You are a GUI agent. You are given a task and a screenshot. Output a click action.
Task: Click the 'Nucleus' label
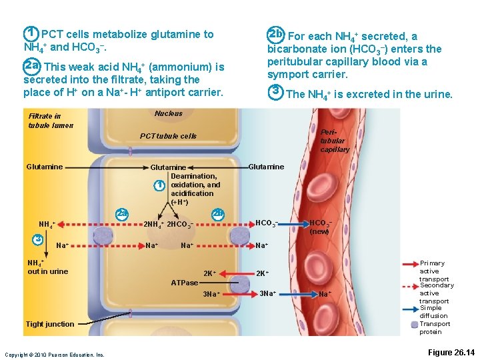click(168, 113)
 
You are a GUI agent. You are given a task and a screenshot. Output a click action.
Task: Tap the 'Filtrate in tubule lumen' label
click(45, 121)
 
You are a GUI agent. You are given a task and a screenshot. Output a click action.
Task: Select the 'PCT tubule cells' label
click(168, 136)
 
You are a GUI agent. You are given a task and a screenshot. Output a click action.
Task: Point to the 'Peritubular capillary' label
click(333, 141)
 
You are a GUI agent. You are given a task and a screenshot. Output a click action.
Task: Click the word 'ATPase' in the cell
click(184, 283)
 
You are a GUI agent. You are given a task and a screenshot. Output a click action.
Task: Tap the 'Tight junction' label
click(50, 324)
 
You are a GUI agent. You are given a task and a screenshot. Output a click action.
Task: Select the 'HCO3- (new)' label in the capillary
click(321, 227)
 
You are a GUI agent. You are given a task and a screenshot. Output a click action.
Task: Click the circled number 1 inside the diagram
click(158, 185)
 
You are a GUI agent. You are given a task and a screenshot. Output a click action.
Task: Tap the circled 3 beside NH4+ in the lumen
click(39, 239)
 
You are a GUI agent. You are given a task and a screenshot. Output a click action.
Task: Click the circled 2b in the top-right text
click(275, 34)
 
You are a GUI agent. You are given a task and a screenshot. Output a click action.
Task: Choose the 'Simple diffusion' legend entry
click(433, 312)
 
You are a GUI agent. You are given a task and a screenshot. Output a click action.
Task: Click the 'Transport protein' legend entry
click(435, 327)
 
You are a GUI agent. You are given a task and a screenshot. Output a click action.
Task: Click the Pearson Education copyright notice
click(54, 355)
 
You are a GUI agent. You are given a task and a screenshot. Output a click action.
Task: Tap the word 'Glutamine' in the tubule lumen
click(45, 167)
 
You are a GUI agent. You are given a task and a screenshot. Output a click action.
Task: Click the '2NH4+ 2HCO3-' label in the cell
click(169, 224)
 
